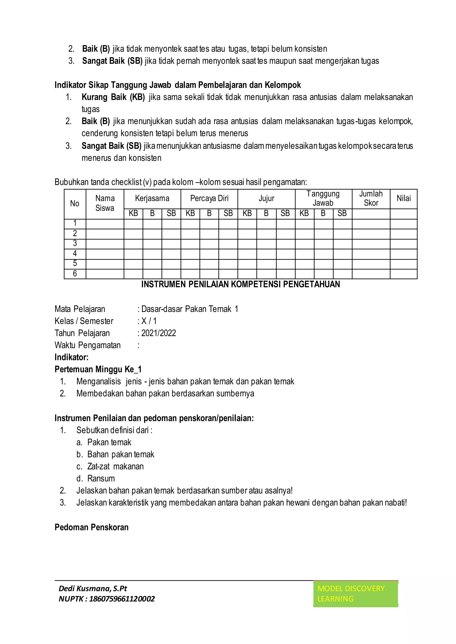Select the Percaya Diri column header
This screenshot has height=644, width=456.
tap(209, 198)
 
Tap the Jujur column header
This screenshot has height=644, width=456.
tap(266, 198)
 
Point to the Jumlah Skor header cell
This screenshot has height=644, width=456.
tap(371, 198)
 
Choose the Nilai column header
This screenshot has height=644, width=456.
tap(403, 198)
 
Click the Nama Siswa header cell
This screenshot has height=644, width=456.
tap(105, 203)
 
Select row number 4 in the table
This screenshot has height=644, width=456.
tap(75, 254)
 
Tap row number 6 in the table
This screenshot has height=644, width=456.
tap(75, 273)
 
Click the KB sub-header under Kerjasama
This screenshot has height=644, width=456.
tap(133, 214)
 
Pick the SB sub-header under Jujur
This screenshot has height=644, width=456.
tap(285, 214)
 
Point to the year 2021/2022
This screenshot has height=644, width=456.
tap(159, 333)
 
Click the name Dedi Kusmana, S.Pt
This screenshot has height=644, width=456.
tap(93, 588)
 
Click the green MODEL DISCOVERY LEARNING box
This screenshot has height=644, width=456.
tap(356, 593)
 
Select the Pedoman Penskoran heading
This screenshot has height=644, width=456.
tap(92, 527)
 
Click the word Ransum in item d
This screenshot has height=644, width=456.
tap(101, 478)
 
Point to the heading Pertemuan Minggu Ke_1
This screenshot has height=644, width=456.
tap(98, 369)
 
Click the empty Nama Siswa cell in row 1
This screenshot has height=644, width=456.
tap(105, 224)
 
